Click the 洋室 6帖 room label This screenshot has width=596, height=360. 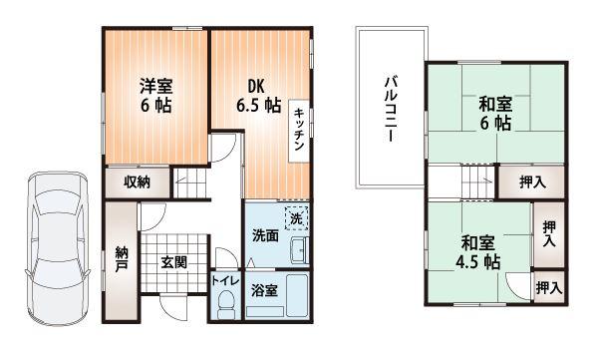[154, 95]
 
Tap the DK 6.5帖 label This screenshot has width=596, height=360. [257, 95]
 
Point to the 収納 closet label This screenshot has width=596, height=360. [138, 181]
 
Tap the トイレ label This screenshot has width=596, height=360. [222, 281]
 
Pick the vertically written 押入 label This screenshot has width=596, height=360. [548, 234]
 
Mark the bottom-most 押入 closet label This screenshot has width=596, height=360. [548, 288]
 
